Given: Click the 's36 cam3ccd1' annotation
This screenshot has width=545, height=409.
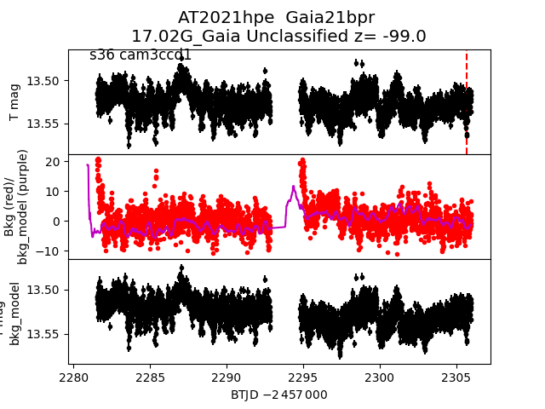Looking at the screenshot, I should point(141,55).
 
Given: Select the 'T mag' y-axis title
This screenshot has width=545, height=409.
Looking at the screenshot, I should point(14,102).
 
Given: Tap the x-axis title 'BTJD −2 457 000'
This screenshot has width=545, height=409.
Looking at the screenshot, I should point(278,395).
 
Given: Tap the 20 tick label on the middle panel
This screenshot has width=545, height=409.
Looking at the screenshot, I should point(51,161).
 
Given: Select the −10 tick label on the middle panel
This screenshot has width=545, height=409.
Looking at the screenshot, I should point(47,251).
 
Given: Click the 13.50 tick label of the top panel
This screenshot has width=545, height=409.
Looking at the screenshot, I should point(43,81).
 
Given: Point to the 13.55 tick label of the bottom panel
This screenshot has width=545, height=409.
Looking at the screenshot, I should point(43,333).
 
